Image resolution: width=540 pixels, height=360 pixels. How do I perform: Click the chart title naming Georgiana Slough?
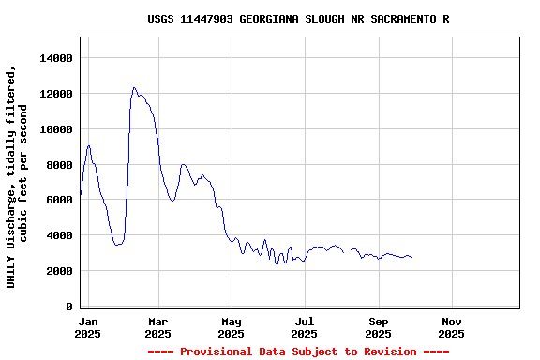298,19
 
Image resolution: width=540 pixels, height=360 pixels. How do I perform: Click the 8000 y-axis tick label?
57,165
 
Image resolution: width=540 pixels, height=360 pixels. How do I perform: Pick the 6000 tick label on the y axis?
57,200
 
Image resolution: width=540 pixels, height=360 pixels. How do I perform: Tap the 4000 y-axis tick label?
57,235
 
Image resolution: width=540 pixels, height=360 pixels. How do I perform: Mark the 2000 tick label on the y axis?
57,271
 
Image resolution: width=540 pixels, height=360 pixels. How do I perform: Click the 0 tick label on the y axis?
68,307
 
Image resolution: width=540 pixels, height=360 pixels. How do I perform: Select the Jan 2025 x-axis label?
87,327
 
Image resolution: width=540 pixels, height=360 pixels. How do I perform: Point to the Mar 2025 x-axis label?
157,327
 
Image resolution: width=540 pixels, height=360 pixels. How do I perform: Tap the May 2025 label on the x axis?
231,327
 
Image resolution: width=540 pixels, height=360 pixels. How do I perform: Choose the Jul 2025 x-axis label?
304,327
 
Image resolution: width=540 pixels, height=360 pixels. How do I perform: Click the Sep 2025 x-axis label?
378,327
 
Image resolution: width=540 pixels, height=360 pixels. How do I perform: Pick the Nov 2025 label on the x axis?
451,327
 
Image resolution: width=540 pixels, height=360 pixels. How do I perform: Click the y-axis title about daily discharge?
18,175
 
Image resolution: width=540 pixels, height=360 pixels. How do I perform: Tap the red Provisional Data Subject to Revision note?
298,352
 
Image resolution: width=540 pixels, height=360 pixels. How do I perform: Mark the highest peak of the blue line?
134,87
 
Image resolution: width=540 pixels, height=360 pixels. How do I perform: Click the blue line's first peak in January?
88,145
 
